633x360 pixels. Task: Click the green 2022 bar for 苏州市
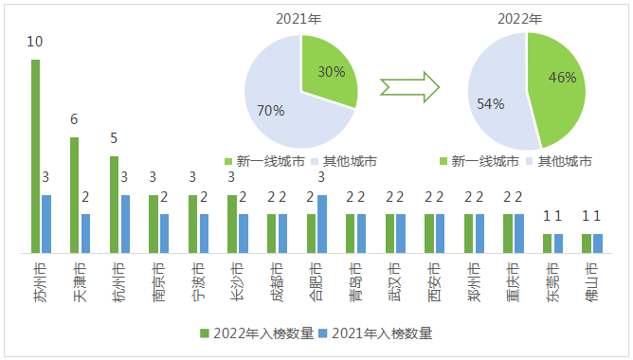[36, 156]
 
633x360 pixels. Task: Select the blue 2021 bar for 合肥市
[322, 224]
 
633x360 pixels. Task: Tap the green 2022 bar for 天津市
[75, 195]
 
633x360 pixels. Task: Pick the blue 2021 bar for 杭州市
[125, 224]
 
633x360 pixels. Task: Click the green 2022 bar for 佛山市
[587, 243]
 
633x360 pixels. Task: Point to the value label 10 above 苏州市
[35, 42]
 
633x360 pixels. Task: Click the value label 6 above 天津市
[74, 119]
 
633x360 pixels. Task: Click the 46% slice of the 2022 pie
[559, 85]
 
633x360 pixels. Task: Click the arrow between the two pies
[409, 86]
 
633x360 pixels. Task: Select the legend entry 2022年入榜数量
[256, 333]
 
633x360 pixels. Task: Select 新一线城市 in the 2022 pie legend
[483, 162]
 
